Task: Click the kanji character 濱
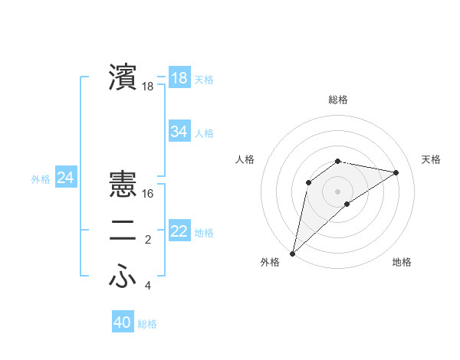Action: coord(123,77)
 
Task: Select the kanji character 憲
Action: coord(123,185)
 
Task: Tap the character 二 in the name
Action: coord(123,231)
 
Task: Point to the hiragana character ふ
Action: coord(123,277)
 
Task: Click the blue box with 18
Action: coord(179,78)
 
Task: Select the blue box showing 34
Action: coord(179,132)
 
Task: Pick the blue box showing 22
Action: coord(179,231)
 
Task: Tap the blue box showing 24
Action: coord(65,178)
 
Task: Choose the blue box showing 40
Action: coord(123,322)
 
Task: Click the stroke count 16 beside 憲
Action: coord(148,195)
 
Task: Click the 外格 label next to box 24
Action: coord(41,179)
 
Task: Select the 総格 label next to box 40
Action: coord(147,324)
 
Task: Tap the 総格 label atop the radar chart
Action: coord(338,100)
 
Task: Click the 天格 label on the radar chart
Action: coord(431,159)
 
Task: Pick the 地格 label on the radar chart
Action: coord(402,263)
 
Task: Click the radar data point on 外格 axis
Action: coord(292,253)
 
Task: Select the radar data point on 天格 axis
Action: coord(396,172)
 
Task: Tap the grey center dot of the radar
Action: coord(338,191)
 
